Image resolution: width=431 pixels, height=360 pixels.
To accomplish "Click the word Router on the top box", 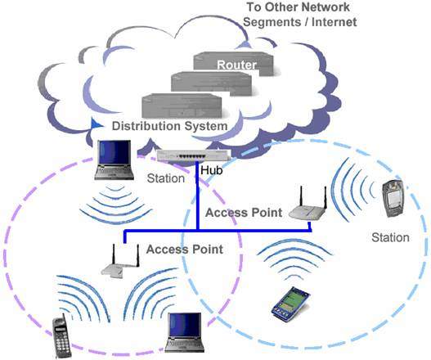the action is coord(236,65).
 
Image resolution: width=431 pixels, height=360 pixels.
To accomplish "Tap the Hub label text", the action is coord(211,170).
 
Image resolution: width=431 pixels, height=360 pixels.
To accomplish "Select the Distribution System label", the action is coord(169,126).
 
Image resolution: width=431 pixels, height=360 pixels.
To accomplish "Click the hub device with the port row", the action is coord(194,155).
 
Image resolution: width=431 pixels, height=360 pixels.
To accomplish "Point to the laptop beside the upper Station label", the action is coord(114,160).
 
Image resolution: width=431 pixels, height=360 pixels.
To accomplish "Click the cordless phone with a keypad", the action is coord(61,338).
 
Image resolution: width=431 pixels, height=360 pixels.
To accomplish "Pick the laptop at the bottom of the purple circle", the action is coord(185,332).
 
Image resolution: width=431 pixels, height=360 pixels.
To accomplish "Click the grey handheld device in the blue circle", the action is coord(393,198).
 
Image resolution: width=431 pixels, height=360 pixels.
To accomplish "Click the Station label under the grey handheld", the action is coord(390,237).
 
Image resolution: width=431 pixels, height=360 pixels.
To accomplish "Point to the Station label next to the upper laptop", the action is coord(166,178).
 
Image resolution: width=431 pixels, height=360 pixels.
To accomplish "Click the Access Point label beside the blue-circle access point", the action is coord(244,213).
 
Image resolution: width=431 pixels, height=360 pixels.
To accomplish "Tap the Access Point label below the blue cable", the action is coord(185,250).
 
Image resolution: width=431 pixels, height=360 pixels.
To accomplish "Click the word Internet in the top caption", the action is coord(334,22).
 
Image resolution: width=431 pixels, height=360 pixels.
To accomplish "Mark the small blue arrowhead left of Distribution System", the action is coord(96,124).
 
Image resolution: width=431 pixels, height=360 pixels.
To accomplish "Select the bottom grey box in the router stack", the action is coord(182,106).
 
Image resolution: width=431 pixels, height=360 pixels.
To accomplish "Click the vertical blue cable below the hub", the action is coord(197,196).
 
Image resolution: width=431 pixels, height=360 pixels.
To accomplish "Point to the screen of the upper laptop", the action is coord(114,152).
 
